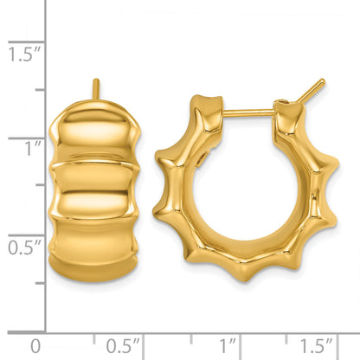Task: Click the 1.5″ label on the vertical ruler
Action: click(x=24, y=55)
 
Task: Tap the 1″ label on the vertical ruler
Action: click(x=33, y=149)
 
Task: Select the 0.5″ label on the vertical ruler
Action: click(x=24, y=247)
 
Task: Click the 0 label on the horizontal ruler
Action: click(x=35, y=346)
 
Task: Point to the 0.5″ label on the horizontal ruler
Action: click(x=123, y=346)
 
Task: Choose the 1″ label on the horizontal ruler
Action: click(x=228, y=345)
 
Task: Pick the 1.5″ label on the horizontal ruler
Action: click(x=317, y=345)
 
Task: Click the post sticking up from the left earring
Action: click(x=96, y=89)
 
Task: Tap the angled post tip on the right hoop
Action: click(x=312, y=90)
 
